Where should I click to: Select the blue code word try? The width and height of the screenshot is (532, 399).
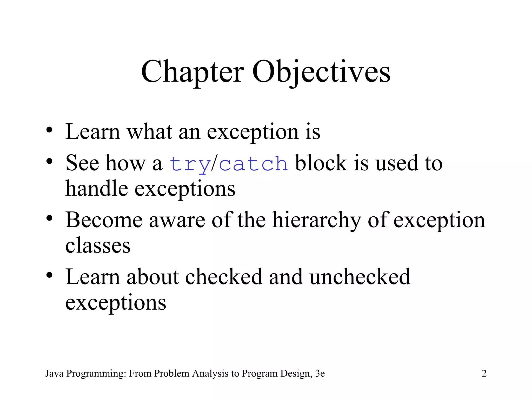(190, 164)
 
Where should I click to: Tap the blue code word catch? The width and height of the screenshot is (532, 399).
(253, 164)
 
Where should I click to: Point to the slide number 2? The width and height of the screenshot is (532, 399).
(484, 373)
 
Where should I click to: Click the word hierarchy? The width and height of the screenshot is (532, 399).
(317, 220)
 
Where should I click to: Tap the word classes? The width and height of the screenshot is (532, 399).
(98, 245)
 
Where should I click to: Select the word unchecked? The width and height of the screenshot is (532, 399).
(360, 277)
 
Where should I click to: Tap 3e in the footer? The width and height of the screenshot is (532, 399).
(320, 373)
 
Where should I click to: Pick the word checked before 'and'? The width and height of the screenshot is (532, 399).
(224, 277)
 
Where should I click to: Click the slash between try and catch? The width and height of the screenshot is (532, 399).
(214, 164)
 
